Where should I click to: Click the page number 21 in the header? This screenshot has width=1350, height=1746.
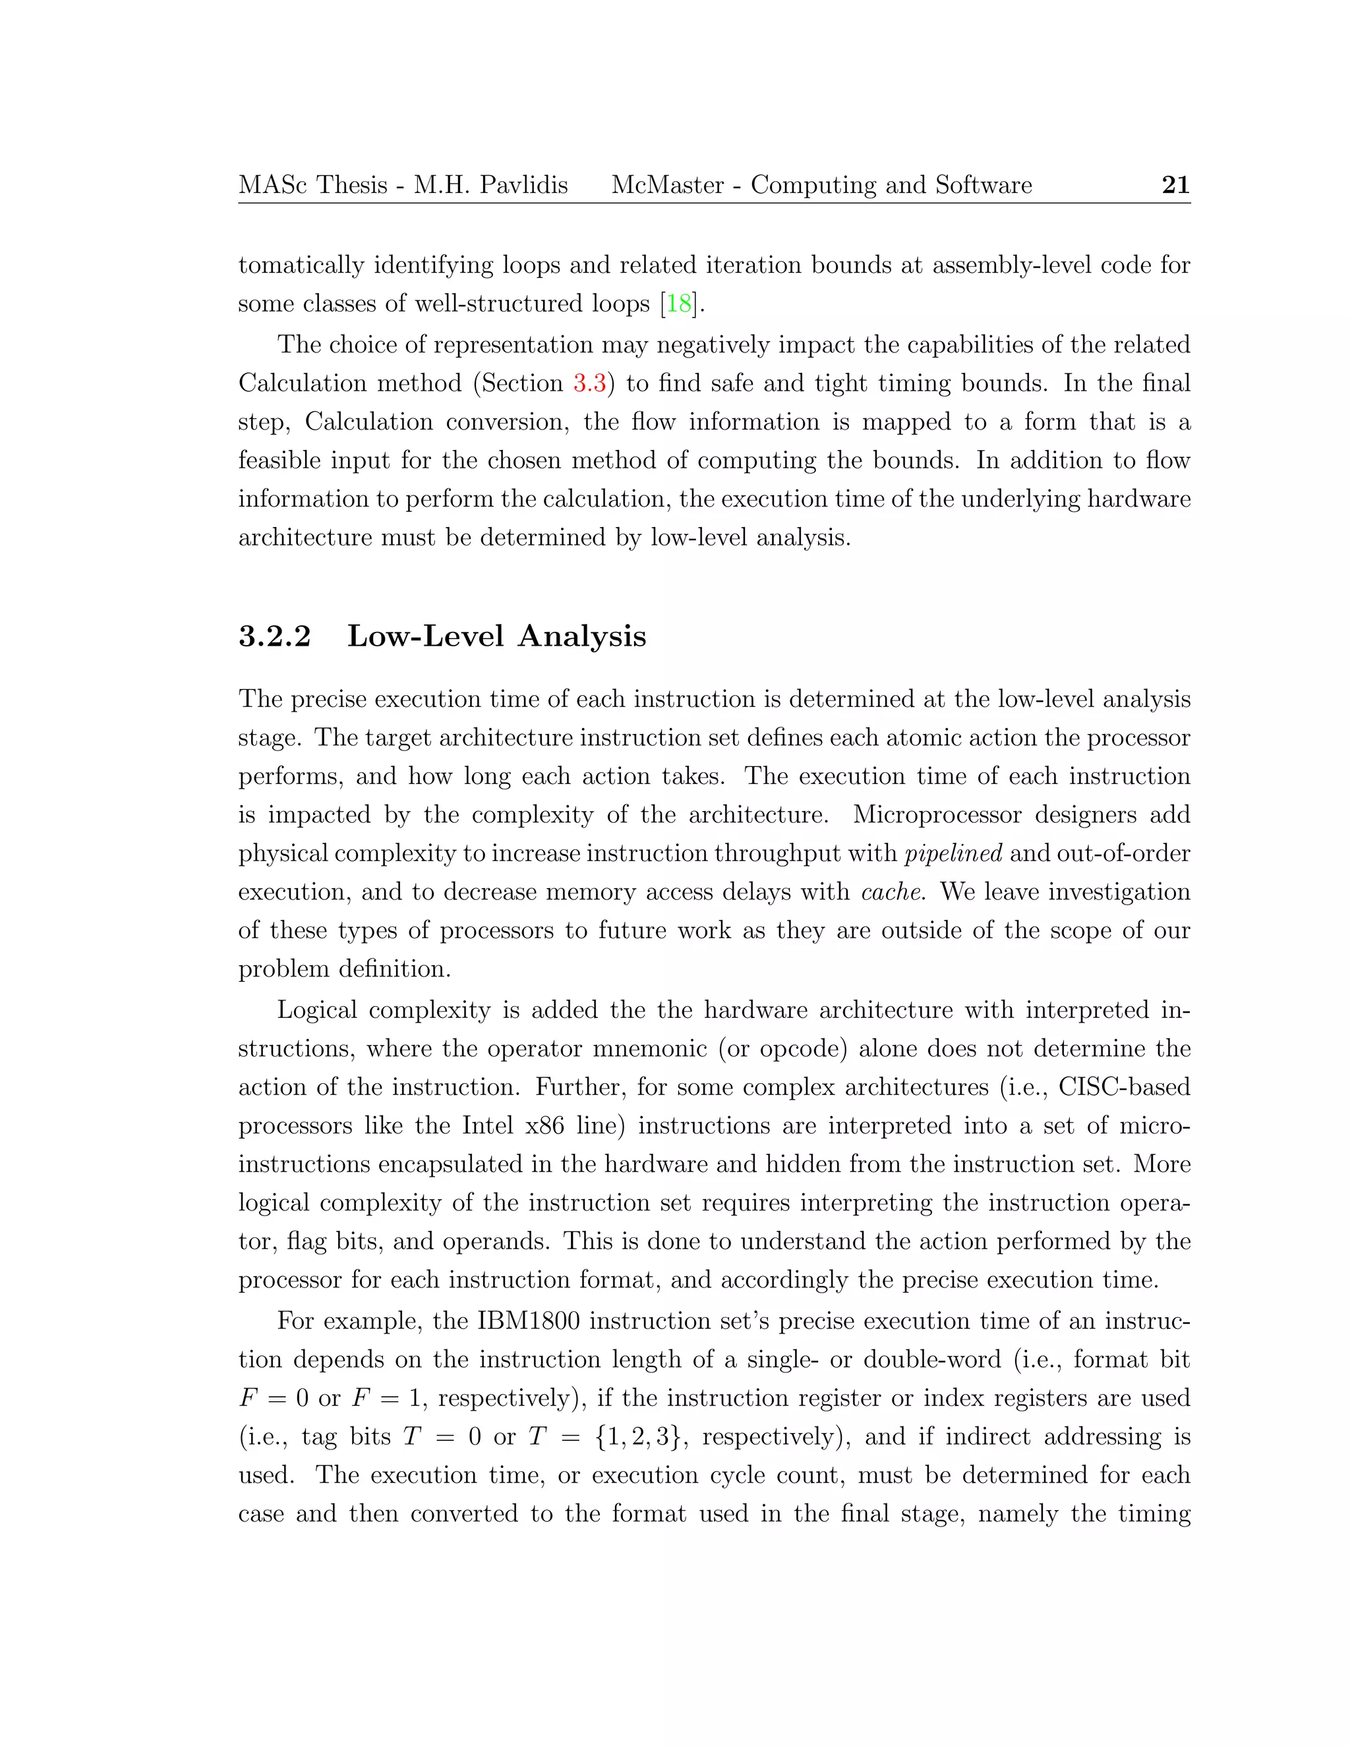[x=1175, y=186]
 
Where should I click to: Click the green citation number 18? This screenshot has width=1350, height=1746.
[x=679, y=304]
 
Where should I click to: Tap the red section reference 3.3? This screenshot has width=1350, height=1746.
[x=589, y=383]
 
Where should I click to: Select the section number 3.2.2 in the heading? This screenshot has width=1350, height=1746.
[x=274, y=636]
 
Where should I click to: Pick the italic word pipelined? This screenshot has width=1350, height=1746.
[x=953, y=854]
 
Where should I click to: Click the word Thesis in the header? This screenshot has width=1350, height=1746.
[x=352, y=186]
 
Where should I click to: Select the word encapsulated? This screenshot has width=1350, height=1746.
[x=450, y=1164]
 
